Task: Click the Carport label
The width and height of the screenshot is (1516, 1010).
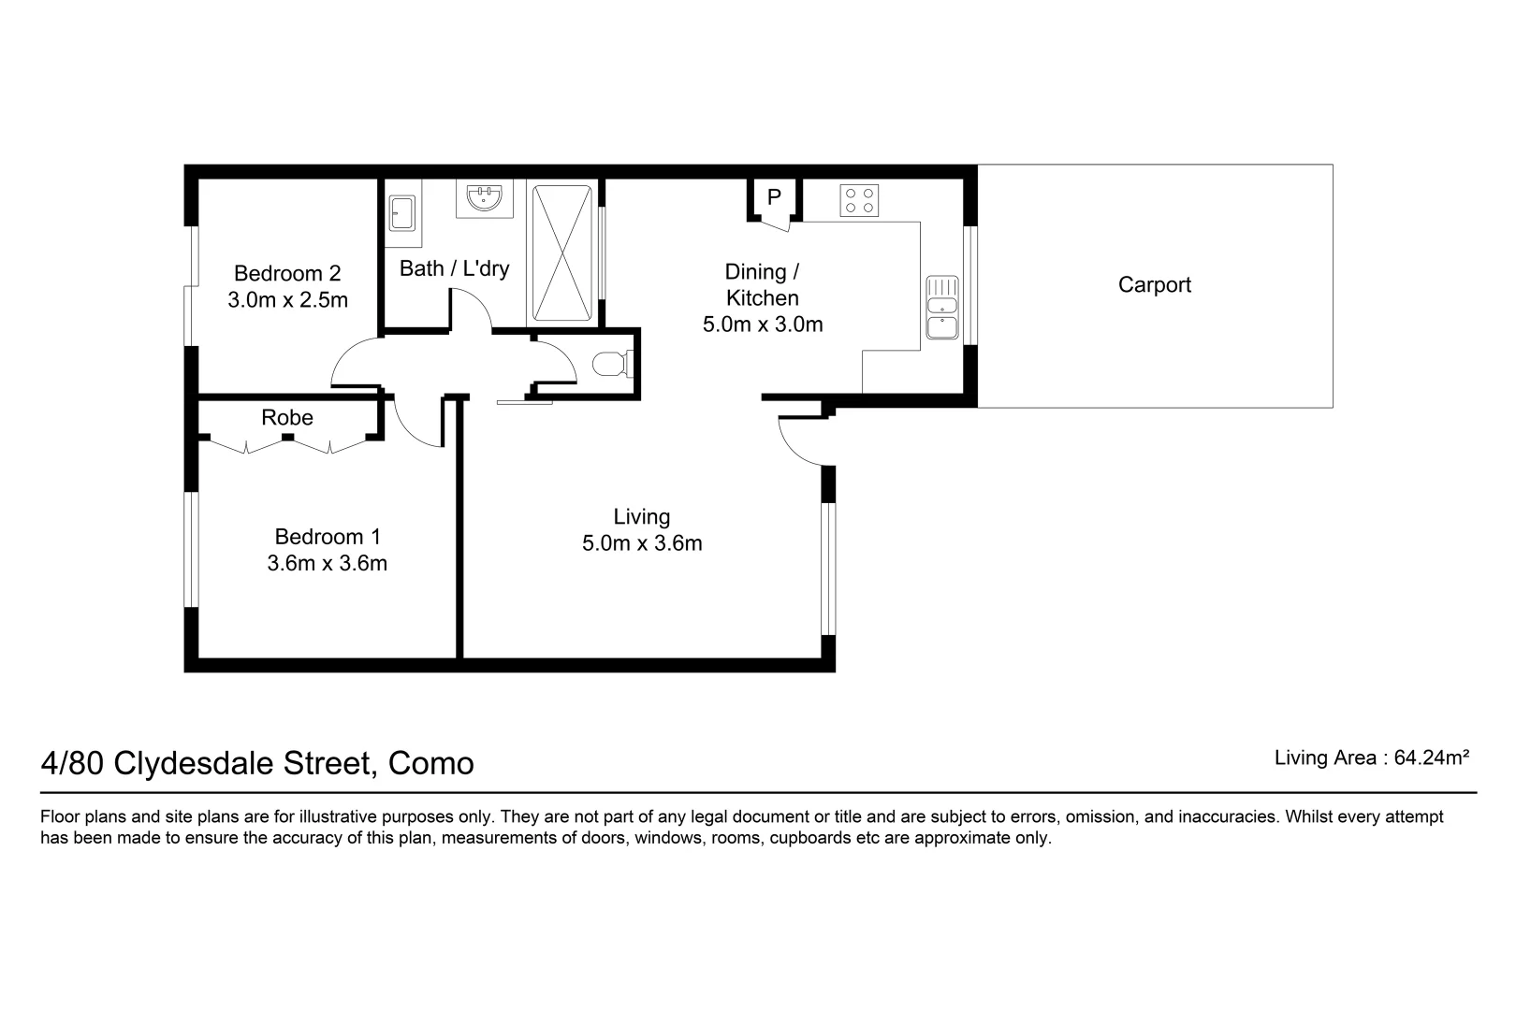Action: [1154, 285]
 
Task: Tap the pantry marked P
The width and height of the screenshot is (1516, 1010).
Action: [773, 197]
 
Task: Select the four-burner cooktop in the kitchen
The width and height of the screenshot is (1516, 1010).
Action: [859, 199]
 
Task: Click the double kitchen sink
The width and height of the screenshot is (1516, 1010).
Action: [941, 307]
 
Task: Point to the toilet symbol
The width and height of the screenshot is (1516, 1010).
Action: [614, 363]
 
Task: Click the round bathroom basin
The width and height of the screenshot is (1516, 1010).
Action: [485, 196]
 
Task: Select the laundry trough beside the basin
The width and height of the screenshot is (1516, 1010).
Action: [402, 213]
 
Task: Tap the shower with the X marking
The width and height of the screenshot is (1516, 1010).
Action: [561, 252]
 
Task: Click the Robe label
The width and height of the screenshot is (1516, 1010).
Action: [287, 417]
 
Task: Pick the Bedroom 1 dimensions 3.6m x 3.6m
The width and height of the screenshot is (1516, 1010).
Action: [327, 564]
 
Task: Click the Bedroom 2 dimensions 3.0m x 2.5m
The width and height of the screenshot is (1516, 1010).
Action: [287, 300]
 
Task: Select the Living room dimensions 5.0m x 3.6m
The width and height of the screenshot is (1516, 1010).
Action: [642, 543]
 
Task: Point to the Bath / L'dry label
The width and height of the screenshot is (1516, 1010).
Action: [454, 269]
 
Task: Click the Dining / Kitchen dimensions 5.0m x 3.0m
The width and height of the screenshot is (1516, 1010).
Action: [763, 325]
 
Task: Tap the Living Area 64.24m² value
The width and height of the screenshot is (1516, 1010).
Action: [1431, 757]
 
